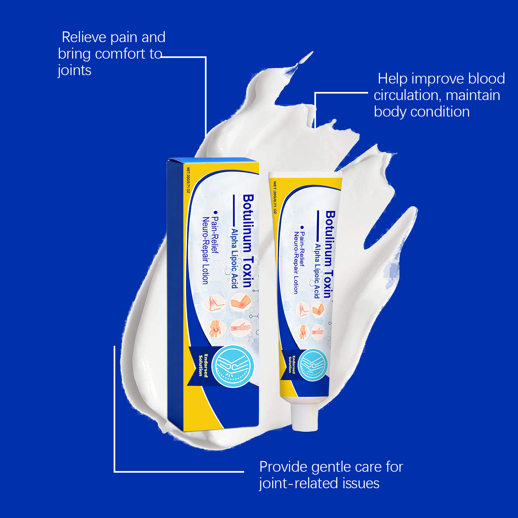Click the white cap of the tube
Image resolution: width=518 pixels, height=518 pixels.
(305, 415)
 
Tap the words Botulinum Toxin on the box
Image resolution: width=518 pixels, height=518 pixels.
(248, 241)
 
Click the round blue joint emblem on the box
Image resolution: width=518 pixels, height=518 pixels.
(233, 366)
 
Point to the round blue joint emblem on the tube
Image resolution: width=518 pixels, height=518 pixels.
(313, 365)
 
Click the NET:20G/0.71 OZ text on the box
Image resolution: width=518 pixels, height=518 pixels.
(188, 180)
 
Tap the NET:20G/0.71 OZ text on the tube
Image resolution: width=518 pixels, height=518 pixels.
(275, 197)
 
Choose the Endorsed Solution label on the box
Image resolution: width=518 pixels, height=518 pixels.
(203, 365)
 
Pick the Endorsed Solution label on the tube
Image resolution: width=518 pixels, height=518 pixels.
(292, 365)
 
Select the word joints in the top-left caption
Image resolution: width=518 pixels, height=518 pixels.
(74, 71)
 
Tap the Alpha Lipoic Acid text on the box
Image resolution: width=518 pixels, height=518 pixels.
(234, 258)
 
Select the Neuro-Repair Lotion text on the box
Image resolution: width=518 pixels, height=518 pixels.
(205, 251)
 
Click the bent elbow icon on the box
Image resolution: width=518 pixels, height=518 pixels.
(241, 302)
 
